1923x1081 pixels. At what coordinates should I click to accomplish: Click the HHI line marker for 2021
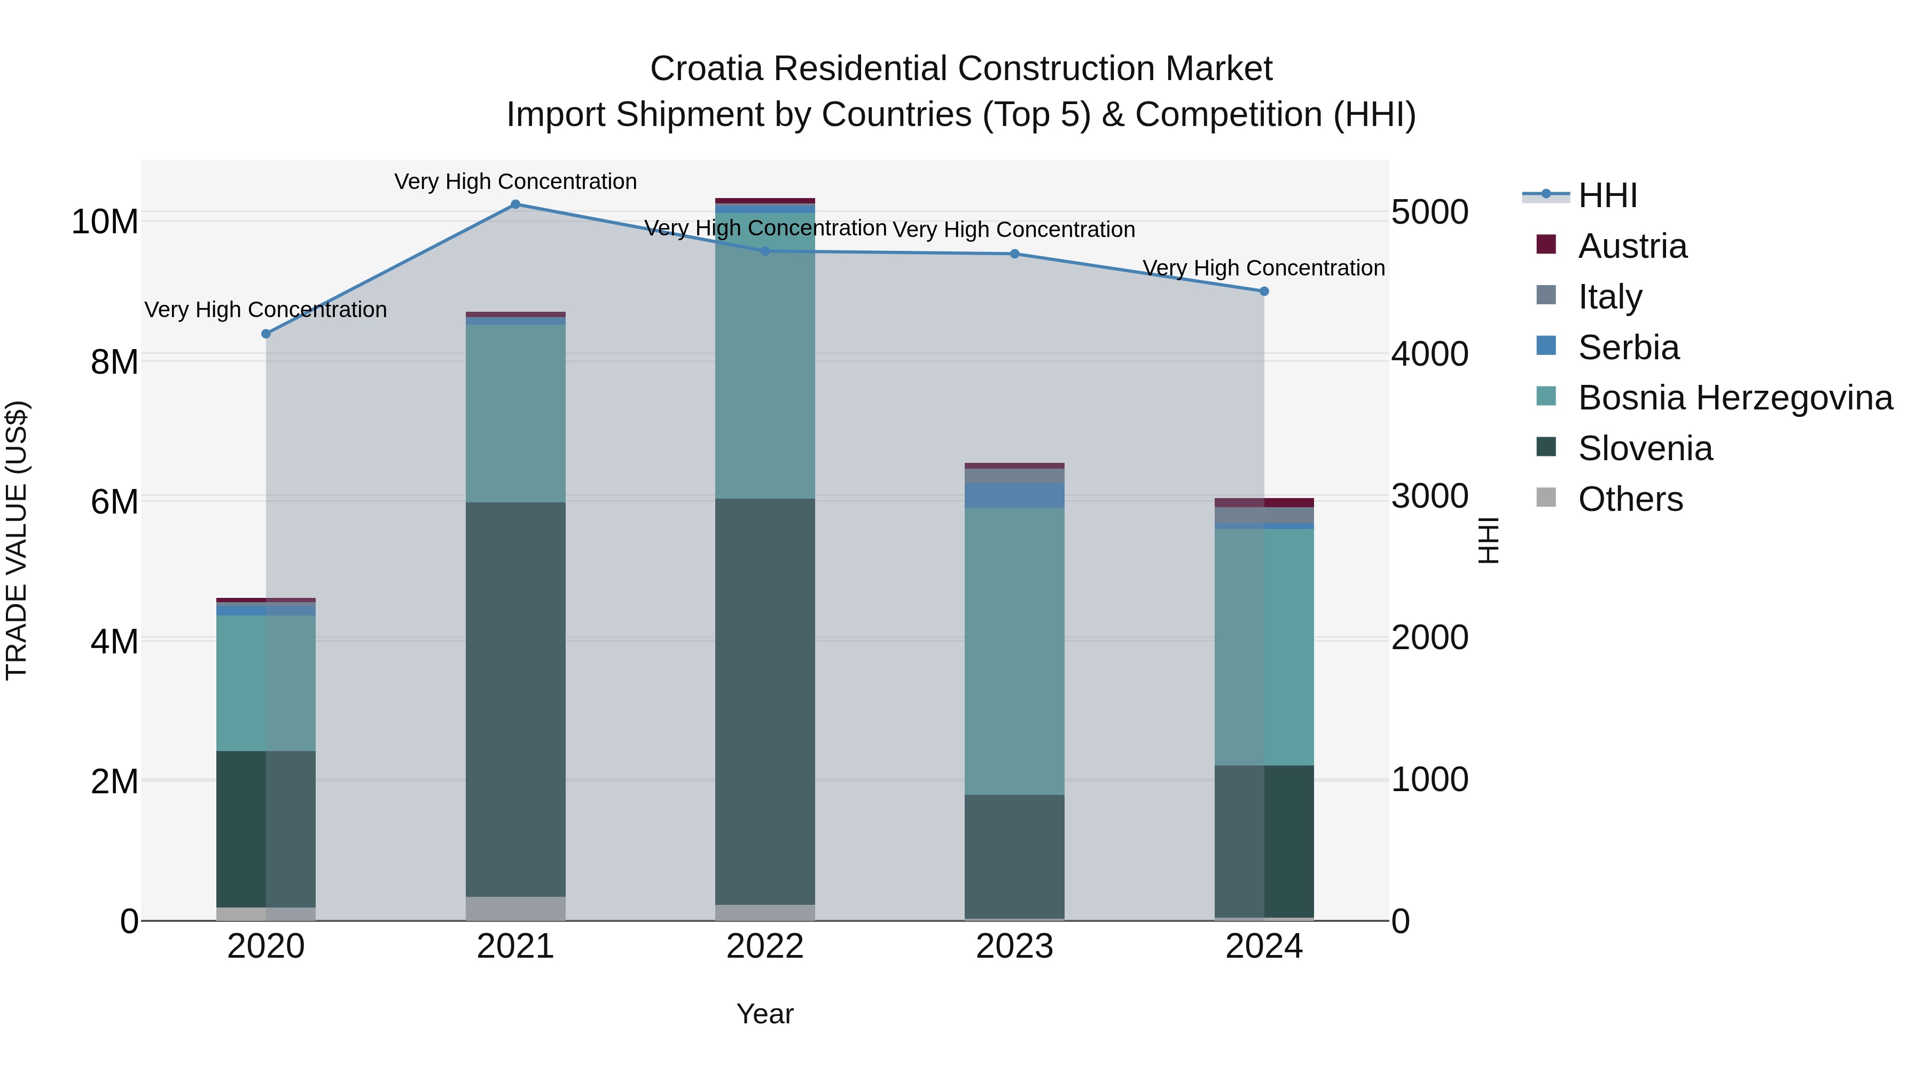click(x=515, y=204)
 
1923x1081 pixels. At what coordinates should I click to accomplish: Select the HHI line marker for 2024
click(x=1264, y=291)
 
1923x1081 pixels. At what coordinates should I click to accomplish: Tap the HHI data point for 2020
click(x=266, y=334)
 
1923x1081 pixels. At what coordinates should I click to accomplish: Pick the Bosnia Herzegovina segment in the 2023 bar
click(x=1014, y=651)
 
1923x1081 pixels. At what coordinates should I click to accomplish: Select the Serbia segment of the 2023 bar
click(x=1014, y=495)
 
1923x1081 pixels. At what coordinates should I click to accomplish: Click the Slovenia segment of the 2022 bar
click(x=764, y=701)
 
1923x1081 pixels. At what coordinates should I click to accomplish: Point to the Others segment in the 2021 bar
click(x=515, y=908)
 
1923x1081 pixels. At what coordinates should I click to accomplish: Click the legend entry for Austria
click(x=1632, y=246)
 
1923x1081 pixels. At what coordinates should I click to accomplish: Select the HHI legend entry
click(x=1607, y=195)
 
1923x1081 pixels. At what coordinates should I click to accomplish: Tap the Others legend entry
click(x=1630, y=499)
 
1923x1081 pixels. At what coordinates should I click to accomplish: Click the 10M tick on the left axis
click(x=105, y=222)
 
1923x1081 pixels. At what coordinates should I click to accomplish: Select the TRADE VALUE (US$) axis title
click(x=17, y=540)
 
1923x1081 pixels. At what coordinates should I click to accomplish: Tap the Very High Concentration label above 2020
click(x=266, y=310)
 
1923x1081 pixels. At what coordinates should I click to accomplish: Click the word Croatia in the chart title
click(x=706, y=69)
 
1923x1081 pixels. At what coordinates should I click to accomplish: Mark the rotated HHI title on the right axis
click(x=1489, y=540)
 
